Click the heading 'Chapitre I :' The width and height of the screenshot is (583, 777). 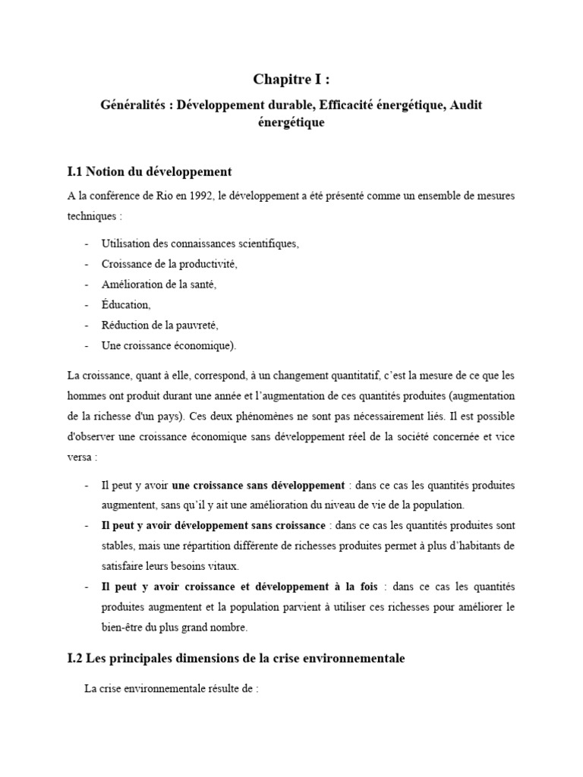pos(291,80)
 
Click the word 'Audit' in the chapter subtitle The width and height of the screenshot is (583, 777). pos(465,105)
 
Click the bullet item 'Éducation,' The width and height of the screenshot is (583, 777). pos(126,305)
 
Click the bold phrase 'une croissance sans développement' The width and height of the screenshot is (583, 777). pos(258,485)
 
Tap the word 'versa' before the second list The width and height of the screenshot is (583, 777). pos(81,458)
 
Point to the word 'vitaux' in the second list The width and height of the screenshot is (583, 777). pos(221,566)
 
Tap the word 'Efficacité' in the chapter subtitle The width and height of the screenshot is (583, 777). pos(328,105)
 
